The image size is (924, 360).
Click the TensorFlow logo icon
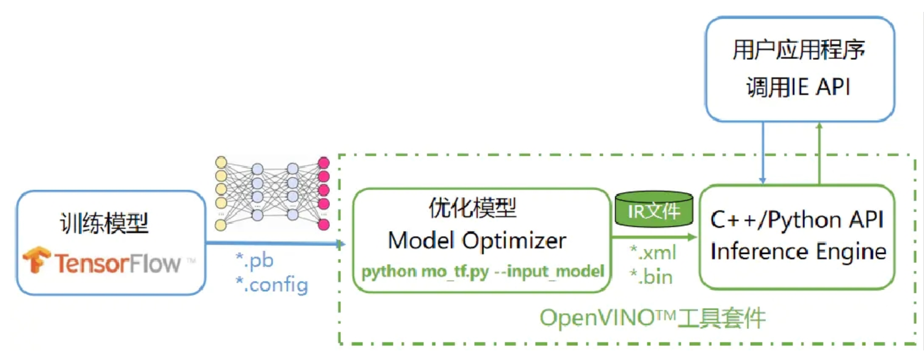point(37,260)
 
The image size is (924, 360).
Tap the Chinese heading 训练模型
point(104,223)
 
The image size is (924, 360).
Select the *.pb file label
point(255,260)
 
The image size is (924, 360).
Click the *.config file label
point(271,285)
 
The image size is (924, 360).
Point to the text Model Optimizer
point(477,241)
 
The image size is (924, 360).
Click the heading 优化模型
point(472,208)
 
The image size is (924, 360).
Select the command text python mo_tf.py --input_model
point(483,272)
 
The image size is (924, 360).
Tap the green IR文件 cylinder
point(654,210)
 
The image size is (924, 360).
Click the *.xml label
point(653,252)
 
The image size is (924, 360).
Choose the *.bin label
point(651,276)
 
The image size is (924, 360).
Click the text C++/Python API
point(797,220)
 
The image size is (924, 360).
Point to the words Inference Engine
point(798,252)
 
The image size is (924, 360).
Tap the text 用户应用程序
point(799,50)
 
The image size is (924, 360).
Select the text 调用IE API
point(798,87)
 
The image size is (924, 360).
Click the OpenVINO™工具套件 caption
point(653,318)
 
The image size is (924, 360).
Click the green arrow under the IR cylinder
point(655,238)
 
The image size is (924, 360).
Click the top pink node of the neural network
point(323,163)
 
